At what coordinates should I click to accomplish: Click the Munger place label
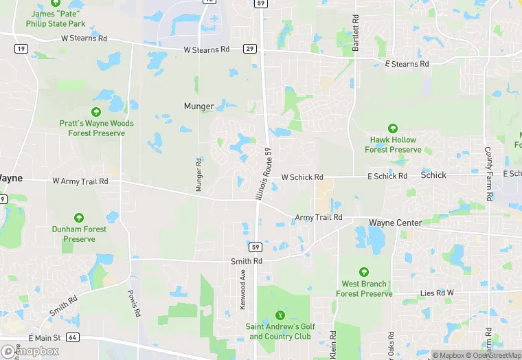pyautogui.click(x=199, y=106)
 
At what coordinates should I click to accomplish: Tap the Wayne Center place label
pyautogui.click(x=395, y=223)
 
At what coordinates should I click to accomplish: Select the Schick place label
pyautogui.click(x=433, y=175)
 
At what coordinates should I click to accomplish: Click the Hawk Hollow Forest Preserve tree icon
pyautogui.click(x=393, y=128)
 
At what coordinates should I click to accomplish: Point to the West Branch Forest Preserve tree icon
pyautogui.click(x=364, y=273)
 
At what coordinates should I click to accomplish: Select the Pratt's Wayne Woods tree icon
pyautogui.click(x=96, y=112)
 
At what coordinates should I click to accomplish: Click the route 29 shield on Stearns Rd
pyautogui.click(x=250, y=49)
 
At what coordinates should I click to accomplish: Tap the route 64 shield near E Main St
pyautogui.click(x=73, y=337)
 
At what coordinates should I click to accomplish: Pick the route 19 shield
pyautogui.click(x=22, y=48)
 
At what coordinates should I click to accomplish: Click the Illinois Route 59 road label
pyautogui.click(x=264, y=177)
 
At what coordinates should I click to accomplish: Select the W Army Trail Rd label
pyautogui.click(x=80, y=181)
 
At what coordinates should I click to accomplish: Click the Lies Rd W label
pyautogui.click(x=437, y=293)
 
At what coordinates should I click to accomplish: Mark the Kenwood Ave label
pyautogui.click(x=242, y=289)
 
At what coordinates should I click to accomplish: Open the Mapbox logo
pyautogui.click(x=30, y=351)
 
